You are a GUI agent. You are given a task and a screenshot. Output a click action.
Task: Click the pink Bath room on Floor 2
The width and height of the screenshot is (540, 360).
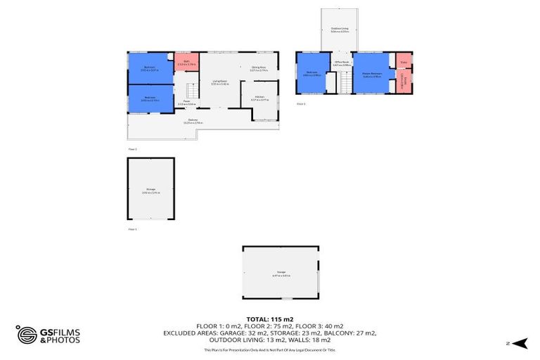point(186,62)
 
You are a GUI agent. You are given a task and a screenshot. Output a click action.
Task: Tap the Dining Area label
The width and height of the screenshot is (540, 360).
point(259,68)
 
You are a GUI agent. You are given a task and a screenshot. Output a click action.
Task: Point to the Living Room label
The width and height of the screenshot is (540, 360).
point(220,82)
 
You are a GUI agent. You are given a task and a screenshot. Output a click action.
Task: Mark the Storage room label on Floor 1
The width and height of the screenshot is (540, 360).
point(150,190)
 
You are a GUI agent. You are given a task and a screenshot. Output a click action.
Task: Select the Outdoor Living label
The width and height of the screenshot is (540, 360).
point(340,30)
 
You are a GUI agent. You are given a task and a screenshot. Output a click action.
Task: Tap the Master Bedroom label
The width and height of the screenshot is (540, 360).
point(372,75)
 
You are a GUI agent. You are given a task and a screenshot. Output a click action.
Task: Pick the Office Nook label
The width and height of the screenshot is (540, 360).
point(341,63)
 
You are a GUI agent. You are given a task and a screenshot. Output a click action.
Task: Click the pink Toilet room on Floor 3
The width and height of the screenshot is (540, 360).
point(404,60)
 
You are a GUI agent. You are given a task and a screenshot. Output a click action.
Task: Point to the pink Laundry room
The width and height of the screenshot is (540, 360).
point(404,81)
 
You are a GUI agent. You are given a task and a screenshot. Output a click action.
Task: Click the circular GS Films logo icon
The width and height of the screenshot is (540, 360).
point(27,335)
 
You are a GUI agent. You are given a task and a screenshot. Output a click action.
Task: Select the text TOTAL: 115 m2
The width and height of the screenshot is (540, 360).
point(270,319)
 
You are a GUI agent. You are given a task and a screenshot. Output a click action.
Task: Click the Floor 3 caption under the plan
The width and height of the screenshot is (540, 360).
point(301,103)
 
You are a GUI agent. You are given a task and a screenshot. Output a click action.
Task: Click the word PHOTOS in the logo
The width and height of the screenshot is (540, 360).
point(63,340)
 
